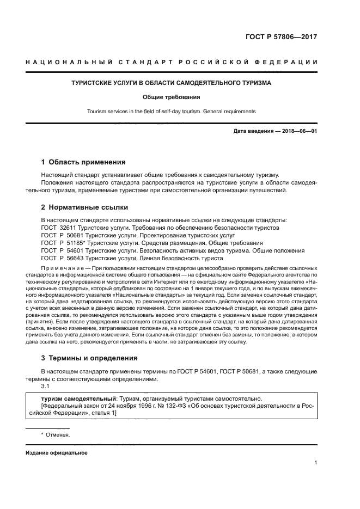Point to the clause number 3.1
tap(45, 386)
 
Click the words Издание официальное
tap(56, 453)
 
